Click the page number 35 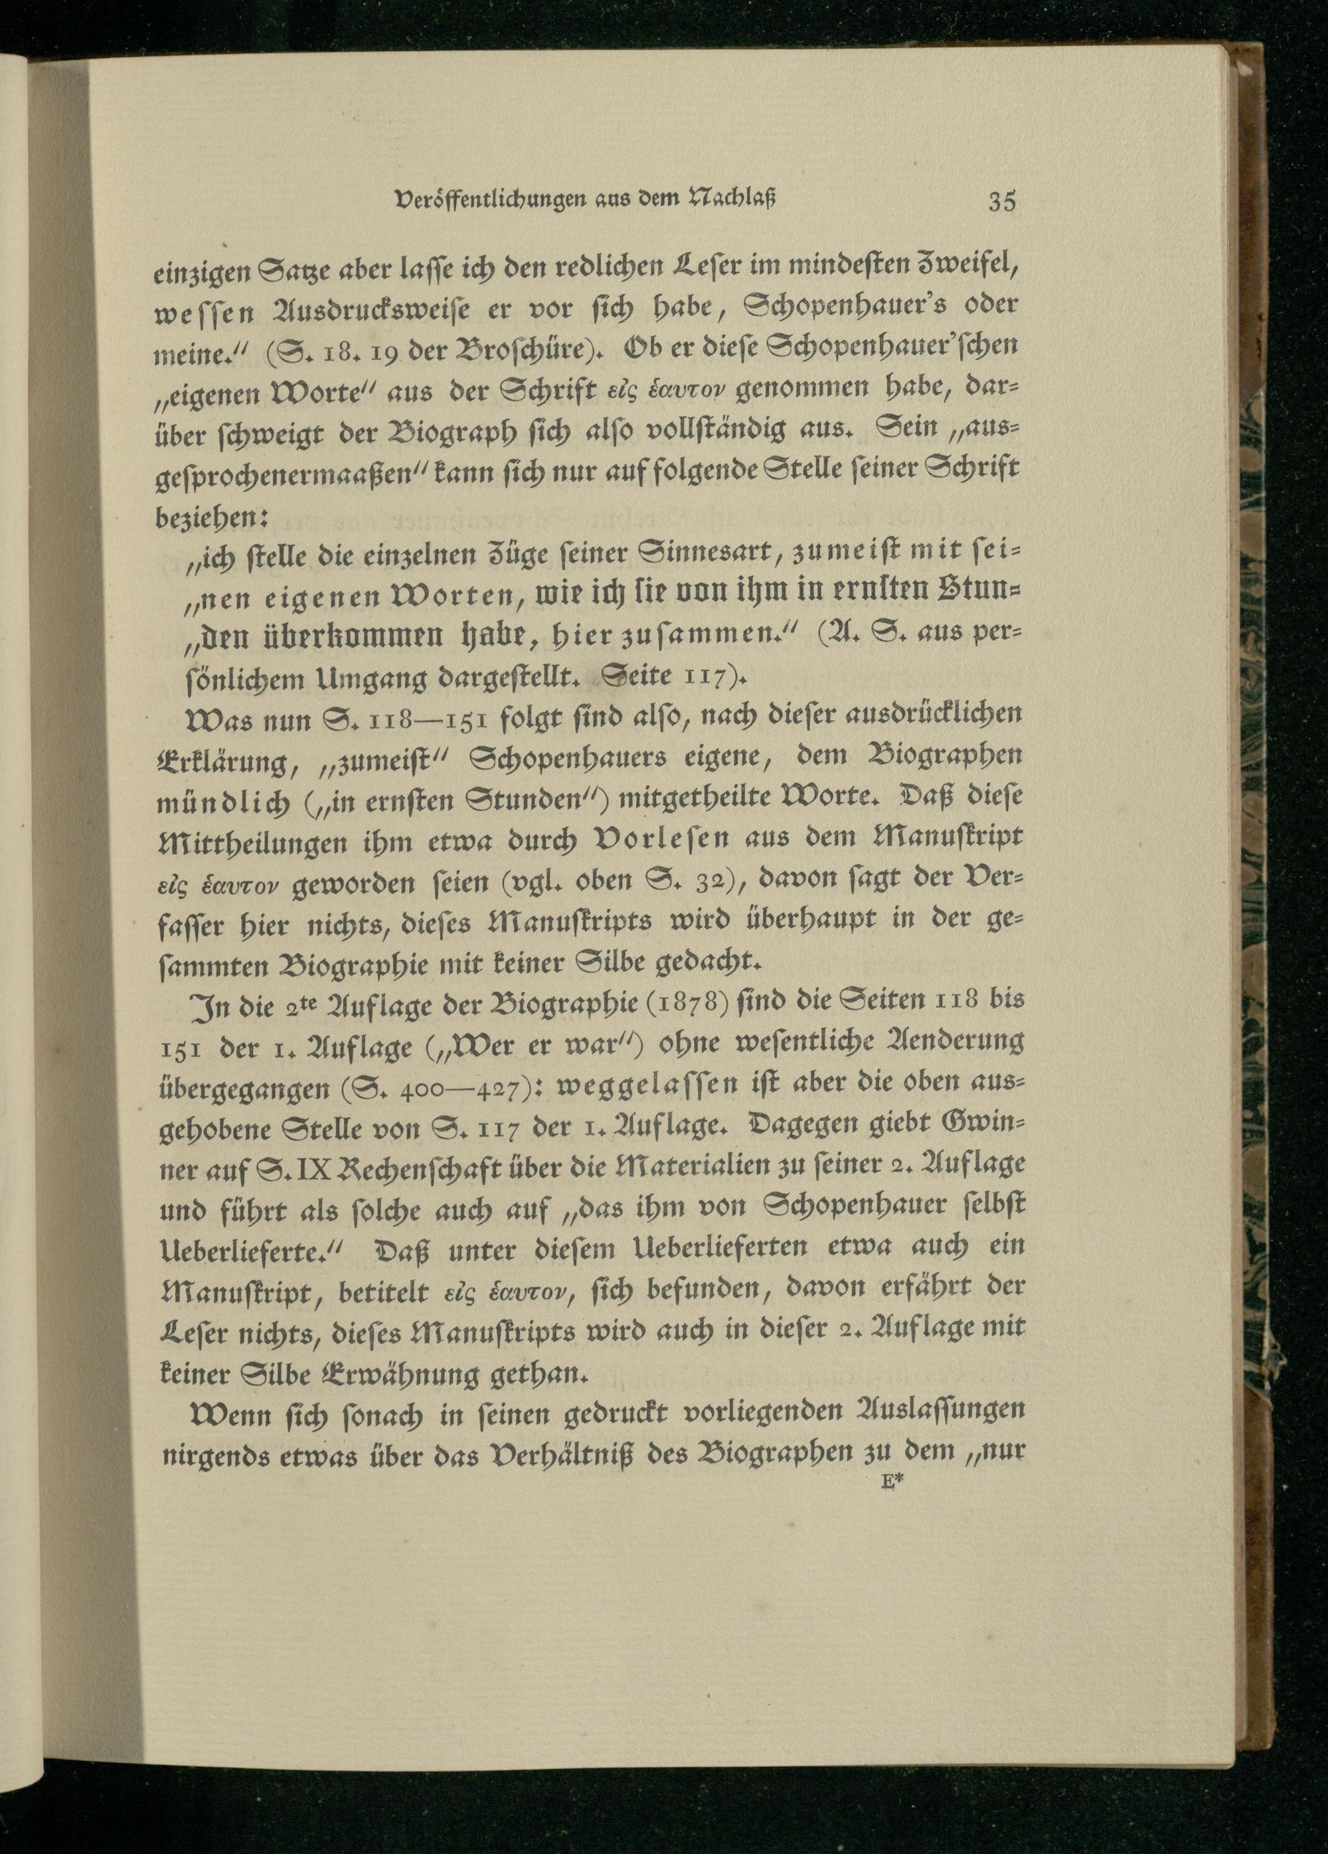pyautogui.click(x=1001, y=201)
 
